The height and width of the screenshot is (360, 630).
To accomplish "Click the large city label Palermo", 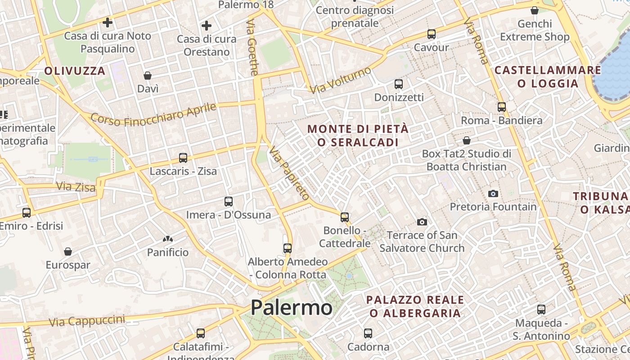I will point(291,308).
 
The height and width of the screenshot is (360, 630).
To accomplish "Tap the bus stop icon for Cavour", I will point(431,34).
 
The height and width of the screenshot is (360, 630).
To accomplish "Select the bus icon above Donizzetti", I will point(398,84).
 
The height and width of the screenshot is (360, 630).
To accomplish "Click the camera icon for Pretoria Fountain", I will point(493,193).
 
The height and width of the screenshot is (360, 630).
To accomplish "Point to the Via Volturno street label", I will point(341,80).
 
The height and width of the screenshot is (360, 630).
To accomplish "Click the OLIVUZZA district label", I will point(75,71).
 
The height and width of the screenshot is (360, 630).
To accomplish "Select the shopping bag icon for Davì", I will point(148,76).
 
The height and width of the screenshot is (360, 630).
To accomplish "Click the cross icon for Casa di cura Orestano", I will point(207,26).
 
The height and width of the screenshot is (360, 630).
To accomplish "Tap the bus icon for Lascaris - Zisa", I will point(183,158).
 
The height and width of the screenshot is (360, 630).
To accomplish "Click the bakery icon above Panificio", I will point(168,239).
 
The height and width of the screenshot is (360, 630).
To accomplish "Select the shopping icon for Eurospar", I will point(68,252).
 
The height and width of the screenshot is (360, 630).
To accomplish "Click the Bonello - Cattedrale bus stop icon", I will point(345,217).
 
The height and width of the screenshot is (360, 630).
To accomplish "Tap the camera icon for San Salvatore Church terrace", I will point(422,222).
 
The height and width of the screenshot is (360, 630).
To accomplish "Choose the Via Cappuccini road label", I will point(87,321).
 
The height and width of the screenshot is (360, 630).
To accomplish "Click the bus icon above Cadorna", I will point(368,333).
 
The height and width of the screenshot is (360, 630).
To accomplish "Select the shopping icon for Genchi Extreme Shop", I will point(535,10).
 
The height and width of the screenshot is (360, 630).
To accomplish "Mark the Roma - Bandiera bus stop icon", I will point(501,107).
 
